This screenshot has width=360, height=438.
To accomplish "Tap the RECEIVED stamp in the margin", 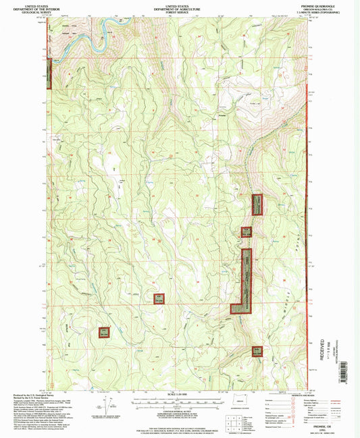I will pos(323,344).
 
